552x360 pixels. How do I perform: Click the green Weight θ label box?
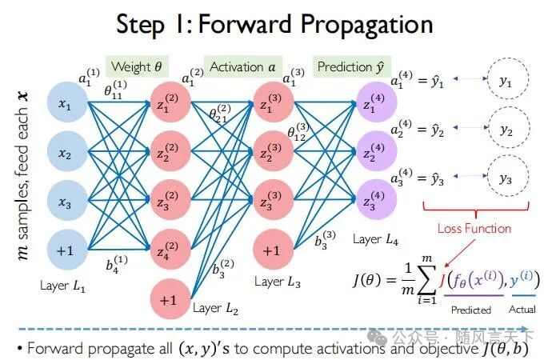coord(135,67)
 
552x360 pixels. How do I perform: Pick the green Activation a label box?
coord(242,67)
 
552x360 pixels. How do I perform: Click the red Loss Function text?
coord(474,228)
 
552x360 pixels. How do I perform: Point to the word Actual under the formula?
coord(522,310)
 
